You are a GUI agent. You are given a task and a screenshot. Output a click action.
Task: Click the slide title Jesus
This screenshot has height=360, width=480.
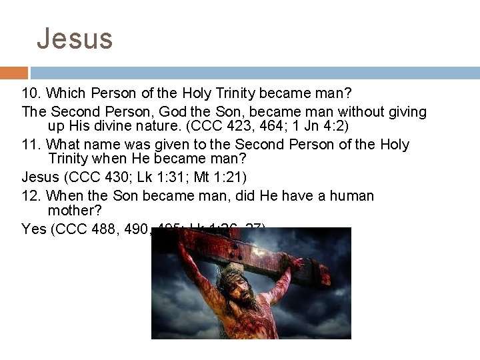(75, 39)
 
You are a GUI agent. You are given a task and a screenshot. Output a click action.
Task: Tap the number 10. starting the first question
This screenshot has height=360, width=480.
(31, 94)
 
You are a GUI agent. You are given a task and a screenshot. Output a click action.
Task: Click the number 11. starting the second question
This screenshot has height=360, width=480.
(31, 145)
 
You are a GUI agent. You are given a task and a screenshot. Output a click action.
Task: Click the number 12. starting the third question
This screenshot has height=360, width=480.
(31, 196)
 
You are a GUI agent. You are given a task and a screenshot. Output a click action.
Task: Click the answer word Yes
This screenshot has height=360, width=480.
(33, 229)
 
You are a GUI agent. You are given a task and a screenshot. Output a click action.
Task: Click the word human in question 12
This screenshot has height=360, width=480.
(344, 196)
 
